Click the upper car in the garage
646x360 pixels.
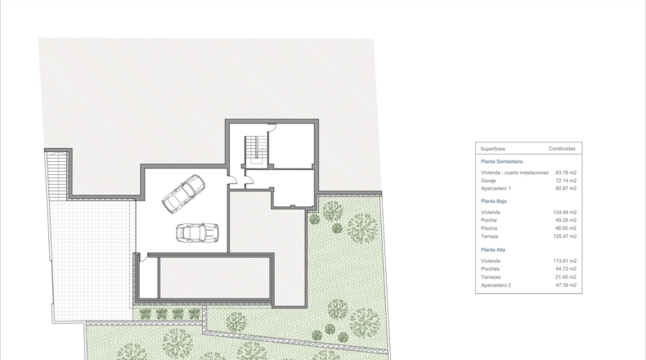pos(184,194)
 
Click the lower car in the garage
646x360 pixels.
pos(197,233)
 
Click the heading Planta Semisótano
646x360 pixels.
pos(502,162)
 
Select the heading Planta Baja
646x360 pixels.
pos(494,201)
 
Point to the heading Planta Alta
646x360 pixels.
pos(493,250)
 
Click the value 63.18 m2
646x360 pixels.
pos(566,173)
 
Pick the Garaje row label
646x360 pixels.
pos(489,181)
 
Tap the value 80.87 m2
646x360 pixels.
pos(566,188)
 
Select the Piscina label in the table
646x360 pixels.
pos(489,228)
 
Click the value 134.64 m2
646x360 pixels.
pos(565,213)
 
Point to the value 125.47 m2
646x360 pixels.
pos(565,236)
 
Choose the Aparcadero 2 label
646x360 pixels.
pos(496,286)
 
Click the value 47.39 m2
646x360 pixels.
pos(566,286)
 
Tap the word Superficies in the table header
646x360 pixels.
pos(493,149)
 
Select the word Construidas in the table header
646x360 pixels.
pos(562,148)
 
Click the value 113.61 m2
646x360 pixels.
pos(565,261)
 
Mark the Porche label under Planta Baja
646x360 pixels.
pos(489,220)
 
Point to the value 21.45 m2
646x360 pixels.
pos(566,277)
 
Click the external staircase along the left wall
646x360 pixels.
pos(57,176)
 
